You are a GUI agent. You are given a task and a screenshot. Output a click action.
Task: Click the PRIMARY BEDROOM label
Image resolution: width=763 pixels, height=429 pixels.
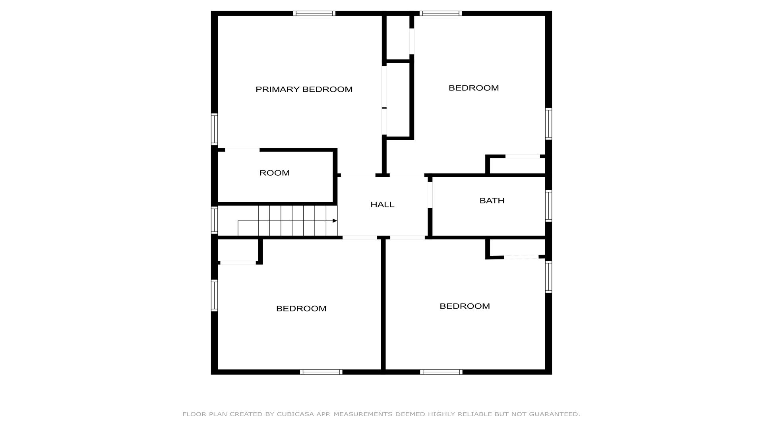click(304, 89)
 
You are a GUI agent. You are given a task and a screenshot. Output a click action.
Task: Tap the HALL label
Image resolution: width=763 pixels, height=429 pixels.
click(382, 205)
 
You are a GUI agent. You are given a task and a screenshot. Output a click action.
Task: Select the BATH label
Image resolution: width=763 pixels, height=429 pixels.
click(492, 201)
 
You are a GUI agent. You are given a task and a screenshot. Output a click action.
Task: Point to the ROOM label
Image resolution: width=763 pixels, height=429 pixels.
click(275, 173)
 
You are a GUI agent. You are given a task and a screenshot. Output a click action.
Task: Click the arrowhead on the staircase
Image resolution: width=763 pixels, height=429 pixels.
click(335, 221)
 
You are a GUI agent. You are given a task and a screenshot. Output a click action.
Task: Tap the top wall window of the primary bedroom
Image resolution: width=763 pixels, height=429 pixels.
click(314, 14)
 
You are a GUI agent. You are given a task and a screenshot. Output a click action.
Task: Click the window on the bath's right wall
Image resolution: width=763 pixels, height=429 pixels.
click(548, 206)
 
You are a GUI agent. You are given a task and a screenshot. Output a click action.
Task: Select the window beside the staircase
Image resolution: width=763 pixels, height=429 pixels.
click(214, 220)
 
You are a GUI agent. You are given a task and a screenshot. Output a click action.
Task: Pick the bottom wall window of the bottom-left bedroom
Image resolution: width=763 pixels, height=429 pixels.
click(321, 372)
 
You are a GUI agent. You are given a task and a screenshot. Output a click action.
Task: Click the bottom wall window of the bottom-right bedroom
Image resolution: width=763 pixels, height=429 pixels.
click(441, 372)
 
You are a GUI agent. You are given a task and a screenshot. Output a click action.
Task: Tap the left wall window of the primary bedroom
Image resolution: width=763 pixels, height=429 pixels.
click(214, 129)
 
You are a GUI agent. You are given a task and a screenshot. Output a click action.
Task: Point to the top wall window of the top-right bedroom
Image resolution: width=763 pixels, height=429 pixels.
click(441, 14)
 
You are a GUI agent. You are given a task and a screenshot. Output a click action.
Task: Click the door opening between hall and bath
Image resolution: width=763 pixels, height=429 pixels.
click(430, 195)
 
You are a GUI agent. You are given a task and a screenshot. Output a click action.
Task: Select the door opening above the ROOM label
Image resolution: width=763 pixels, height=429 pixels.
click(242, 150)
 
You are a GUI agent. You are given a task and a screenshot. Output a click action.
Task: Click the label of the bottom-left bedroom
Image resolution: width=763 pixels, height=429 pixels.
click(301, 309)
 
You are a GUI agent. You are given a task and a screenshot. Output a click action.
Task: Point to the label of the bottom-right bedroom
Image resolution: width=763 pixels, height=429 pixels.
click(465, 306)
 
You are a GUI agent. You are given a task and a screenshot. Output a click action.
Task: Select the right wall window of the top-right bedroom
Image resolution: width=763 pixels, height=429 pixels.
click(548, 124)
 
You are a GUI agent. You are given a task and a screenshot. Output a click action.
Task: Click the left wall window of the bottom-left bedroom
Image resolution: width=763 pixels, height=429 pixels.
click(214, 295)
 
